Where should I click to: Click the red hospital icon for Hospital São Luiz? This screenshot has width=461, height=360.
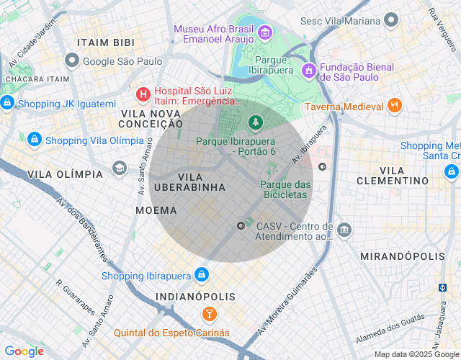tap(143, 93)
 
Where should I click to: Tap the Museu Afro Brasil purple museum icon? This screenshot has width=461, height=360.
tap(264, 32)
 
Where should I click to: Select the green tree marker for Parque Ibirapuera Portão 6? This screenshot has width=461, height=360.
tap(254, 123)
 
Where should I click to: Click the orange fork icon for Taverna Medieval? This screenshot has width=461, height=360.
tap(394, 106)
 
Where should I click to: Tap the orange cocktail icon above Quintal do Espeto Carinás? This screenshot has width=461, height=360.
tap(208, 314)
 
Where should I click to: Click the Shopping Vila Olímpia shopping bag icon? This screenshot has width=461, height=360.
tap(33, 138)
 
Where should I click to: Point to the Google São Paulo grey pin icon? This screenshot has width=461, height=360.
tap(71, 60)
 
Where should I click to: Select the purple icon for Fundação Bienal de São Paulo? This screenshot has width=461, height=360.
tap(308, 71)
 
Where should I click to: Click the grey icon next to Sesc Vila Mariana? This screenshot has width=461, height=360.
tap(391, 20)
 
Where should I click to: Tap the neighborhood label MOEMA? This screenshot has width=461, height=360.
tap(156, 210)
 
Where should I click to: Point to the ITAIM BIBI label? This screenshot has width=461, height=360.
tap(107, 42)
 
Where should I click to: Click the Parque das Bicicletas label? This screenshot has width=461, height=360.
tap(285, 190)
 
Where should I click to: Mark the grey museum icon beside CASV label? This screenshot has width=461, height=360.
tap(345, 230)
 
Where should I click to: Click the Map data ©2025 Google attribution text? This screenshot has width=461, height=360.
tap(416, 354)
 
